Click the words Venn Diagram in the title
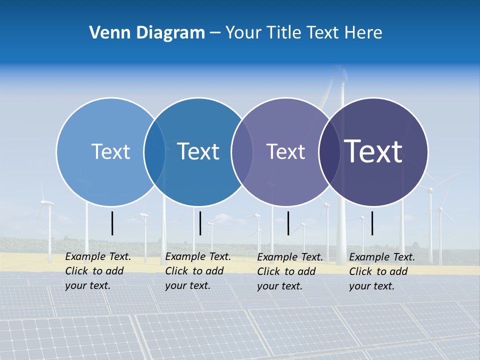click(x=147, y=33)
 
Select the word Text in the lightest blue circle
click(x=110, y=151)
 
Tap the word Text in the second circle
click(x=198, y=151)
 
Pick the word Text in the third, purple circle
click(x=285, y=151)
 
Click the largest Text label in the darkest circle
click(x=373, y=151)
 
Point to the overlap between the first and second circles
click(x=154, y=152)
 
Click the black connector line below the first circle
click(x=112, y=223)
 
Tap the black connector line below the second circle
click(x=200, y=223)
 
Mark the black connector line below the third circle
click(x=288, y=223)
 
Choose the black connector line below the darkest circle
click(x=372, y=223)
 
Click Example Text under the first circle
click(x=98, y=256)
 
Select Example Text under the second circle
click(x=198, y=256)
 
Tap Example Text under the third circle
click(x=290, y=257)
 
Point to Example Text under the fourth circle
click(x=382, y=257)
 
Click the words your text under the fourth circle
click(x=371, y=286)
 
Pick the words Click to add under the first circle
click(x=94, y=271)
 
